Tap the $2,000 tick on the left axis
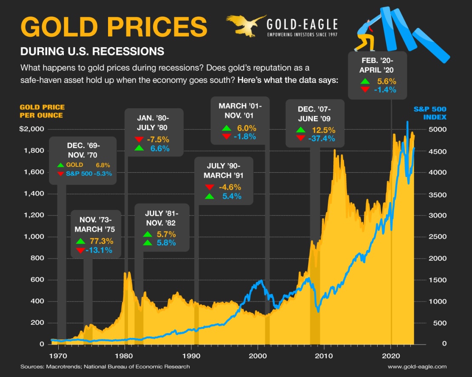click(31, 129)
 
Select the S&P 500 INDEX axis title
click(430, 113)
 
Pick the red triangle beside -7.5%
click(139, 139)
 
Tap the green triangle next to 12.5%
click(301, 130)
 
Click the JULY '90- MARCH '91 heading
click(223, 171)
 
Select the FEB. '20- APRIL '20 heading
click(378, 65)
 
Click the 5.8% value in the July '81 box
click(166, 243)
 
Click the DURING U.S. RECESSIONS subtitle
click(92, 51)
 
